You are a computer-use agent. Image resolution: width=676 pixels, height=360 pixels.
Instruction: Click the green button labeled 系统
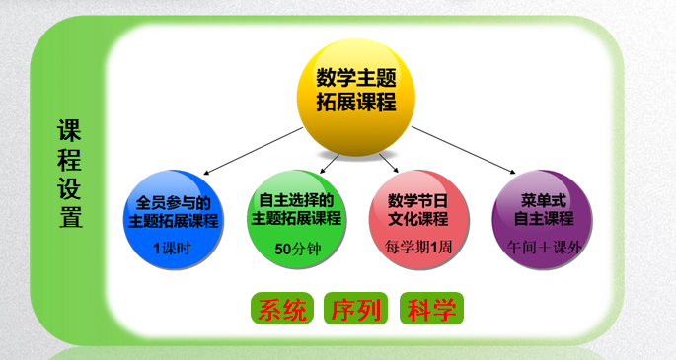pyautogui.click(x=282, y=309)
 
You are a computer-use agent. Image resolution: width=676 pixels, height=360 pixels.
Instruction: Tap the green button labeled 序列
pyautogui.click(x=356, y=309)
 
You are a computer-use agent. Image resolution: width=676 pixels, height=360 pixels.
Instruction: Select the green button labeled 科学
pyautogui.click(x=430, y=309)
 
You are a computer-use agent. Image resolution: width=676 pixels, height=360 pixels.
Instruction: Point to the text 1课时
pyautogui.click(x=178, y=248)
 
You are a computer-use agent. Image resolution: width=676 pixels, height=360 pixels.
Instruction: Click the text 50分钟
pyautogui.click(x=296, y=248)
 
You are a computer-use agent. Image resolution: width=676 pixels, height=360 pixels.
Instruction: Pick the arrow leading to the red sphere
pyautogui.click(x=386, y=160)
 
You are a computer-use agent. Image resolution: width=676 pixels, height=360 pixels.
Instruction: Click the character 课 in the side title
pyautogui.click(x=70, y=131)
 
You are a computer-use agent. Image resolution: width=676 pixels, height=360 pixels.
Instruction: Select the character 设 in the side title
pyautogui.click(x=70, y=189)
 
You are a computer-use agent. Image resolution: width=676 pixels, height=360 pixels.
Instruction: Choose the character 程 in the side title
pyautogui.click(x=70, y=160)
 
